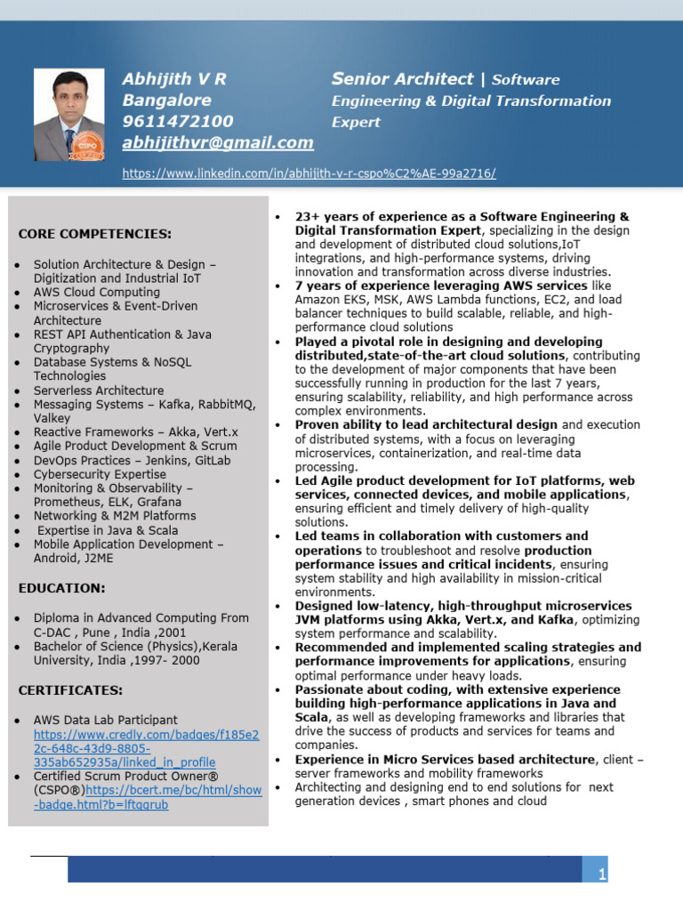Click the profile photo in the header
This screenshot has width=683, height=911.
[x=68, y=114]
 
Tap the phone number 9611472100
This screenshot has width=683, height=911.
[x=178, y=121]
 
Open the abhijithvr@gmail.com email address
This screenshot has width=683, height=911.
[x=218, y=142]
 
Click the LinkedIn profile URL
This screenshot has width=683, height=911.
[x=309, y=173]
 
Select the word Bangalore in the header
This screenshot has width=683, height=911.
[x=167, y=100]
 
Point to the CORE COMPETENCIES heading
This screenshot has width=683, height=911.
[x=95, y=234]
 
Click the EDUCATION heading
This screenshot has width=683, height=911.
[x=62, y=588]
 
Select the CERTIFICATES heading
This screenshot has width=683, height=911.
[x=71, y=689]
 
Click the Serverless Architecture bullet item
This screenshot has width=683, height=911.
[x=99, y=391]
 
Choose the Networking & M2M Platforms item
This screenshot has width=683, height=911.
[x=115, y=516]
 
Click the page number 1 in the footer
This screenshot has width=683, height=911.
[x=602, y=875]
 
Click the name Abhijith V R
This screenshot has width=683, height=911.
[x=174, y=78]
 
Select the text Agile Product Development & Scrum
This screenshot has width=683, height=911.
[x=135, y=446]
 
